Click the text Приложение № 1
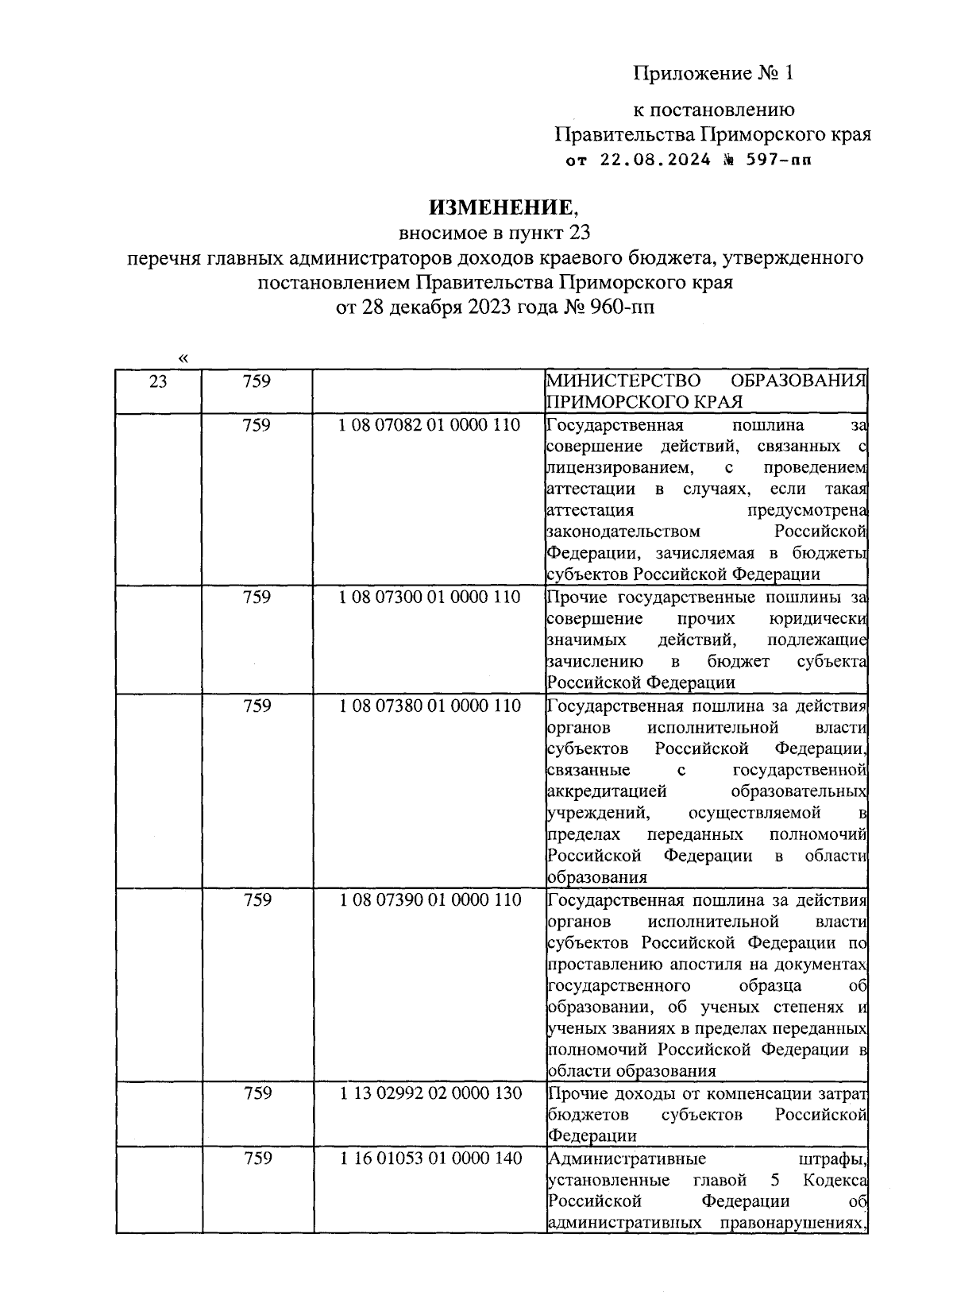point(712,74)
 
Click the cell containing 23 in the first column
point(158,382)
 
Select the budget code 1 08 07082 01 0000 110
point(430,426)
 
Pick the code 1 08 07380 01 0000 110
point(430,706)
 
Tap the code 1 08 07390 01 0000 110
point(430,900)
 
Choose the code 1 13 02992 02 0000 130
point(430,1093)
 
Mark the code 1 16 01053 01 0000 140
point(430,1158)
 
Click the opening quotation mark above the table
point(183,358)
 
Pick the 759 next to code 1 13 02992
point(257,1093)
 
